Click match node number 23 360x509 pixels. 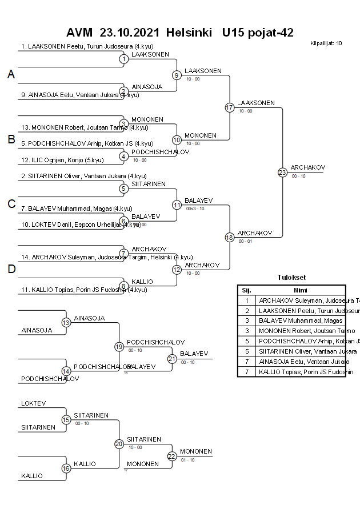(282, 172)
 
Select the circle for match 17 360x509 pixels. (230, 107)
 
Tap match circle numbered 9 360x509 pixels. (177, 75)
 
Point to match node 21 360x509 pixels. (172, 359)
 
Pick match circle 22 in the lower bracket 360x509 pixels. (172, 456)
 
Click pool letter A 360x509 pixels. (11, 74)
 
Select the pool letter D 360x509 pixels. (11, 270)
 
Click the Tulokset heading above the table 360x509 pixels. (291, 278)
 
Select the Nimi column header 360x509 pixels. (301, 290)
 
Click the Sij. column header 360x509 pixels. (246, 290)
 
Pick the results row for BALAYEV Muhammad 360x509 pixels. (301, 320)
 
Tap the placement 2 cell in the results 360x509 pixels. (246, 310)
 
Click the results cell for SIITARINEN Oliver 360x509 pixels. (301, 351)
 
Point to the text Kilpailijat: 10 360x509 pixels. (326, 43)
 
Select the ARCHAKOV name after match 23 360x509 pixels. (307, 167)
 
